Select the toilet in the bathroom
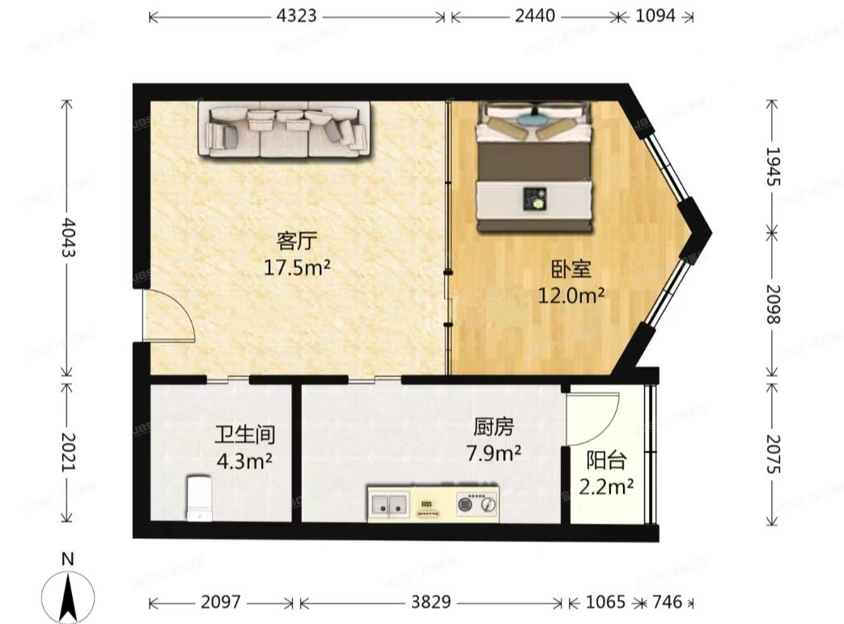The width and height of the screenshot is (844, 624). point(199,495)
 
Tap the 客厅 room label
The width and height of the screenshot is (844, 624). point(296,241)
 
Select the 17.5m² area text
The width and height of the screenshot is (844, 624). point(296,267)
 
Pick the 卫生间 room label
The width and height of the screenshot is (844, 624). point(244,435)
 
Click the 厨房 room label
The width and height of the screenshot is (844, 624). point(492,427)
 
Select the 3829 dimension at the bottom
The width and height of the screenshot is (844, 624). point(430,602)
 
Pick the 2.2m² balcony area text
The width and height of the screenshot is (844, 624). point(605,487)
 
